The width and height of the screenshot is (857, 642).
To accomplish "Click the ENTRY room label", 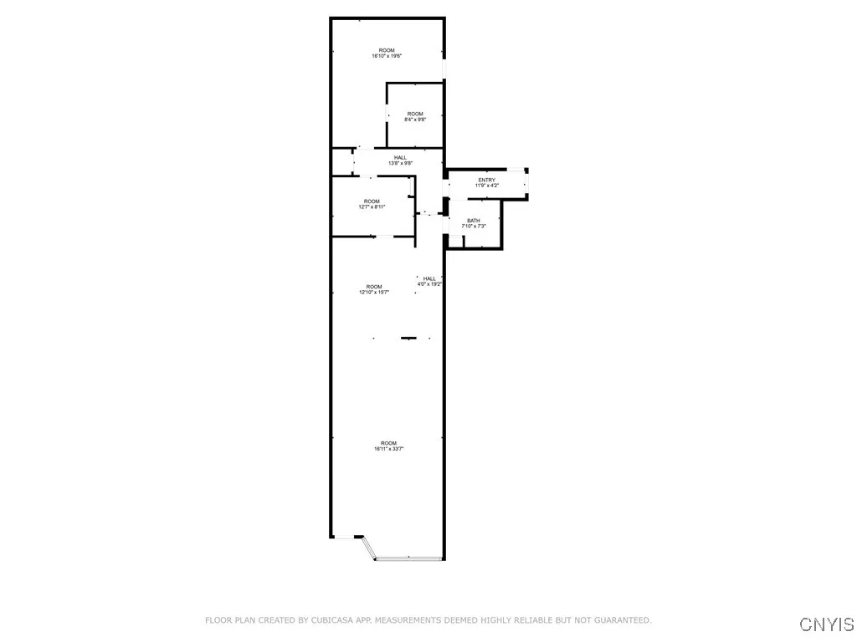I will pyautogui.click(x=486, y=180).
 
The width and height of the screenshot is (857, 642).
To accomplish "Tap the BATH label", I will pyautogui.click(x=474, y=221).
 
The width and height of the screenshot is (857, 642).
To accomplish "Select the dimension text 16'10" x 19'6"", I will pyautogui.click(x=387, y=56).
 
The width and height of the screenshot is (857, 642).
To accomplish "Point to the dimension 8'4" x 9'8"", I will pyautogui.click(x=414, y=120).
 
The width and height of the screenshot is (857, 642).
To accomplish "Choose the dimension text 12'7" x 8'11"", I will pyautogui.click(x=372, y=206).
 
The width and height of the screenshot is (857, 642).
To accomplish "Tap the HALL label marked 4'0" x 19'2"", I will pyautogui.click(x=429, y=278).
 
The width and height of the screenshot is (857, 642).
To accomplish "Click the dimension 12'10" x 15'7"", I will pyautogui.click(x=373, y=293).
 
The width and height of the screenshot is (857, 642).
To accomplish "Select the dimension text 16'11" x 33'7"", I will pyautogui.click(x=389, y=449).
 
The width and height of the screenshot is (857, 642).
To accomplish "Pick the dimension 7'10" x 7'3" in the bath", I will pyautogui.click(x=474, y=227).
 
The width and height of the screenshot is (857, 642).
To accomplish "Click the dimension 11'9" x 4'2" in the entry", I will pyautogui.click(x=486, y=186).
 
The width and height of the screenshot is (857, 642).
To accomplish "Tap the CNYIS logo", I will pyautogui.click(x=826, y=624).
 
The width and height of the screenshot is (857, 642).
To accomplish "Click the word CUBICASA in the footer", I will pyautogui.click(x=333, y=620).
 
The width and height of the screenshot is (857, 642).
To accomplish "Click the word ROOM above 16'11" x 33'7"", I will pyautogui.click(x=388, y=443).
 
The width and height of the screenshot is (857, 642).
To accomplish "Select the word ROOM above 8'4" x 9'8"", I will pyautogui.click(x=415, y=114).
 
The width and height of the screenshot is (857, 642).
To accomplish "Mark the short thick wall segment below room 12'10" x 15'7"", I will pyautogui.click(x=408, y=339).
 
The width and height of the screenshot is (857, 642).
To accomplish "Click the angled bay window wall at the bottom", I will pyautogui.click(x=368, y=548).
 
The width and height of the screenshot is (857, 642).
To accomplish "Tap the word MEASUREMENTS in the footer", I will pyautogui.click(x=413, y=620).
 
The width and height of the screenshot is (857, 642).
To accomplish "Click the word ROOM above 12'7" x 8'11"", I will pyautogui.click(x=372, y=201).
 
